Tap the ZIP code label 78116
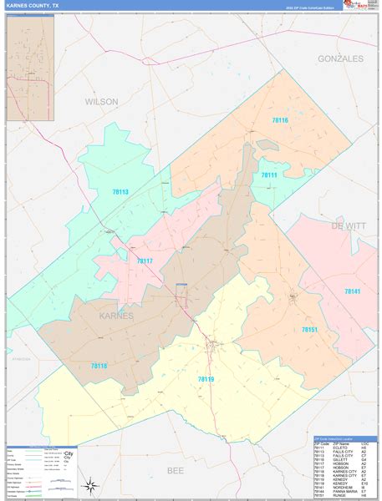click(279, 121)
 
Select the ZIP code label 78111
click(268, 175)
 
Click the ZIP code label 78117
click(145, 261)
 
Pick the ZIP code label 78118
click(98, 366)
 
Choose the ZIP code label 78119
click(206, 379)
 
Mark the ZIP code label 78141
click(353, 291)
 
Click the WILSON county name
click(101, 101)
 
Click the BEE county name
click(176, 471)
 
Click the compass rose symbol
click(88, 483)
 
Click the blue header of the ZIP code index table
click(342, 438)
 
